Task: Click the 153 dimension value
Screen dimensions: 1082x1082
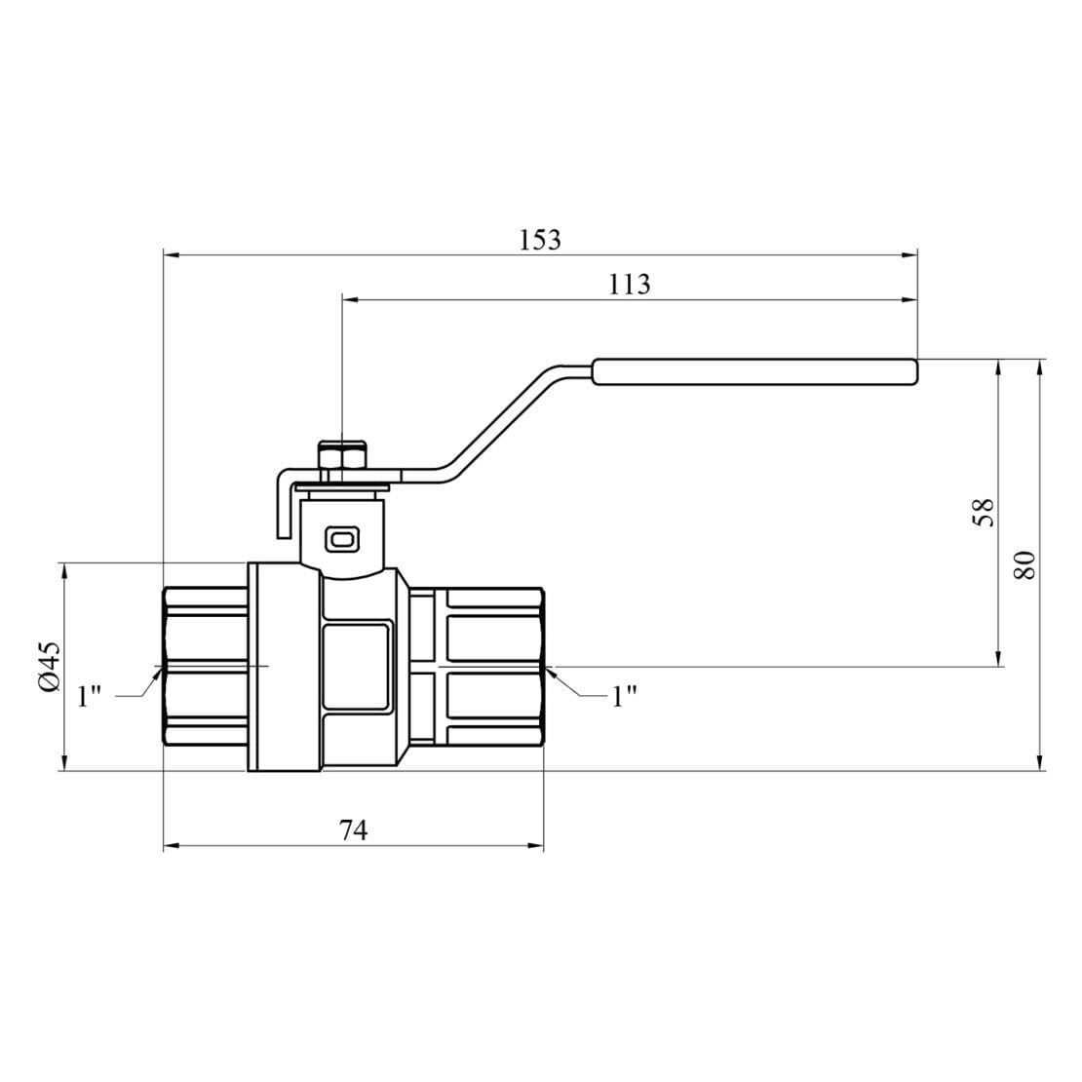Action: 540,240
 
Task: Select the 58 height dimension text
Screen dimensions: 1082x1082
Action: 985,513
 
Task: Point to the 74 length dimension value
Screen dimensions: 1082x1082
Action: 353,831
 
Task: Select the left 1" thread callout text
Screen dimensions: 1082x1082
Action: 90,697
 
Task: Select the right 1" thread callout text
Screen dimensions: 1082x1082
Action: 624,696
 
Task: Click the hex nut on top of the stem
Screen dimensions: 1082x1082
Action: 343,456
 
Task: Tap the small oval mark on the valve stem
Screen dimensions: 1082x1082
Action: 344,537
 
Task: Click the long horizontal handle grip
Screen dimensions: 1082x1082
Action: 754,371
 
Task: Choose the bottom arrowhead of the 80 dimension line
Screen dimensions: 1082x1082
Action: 1042,763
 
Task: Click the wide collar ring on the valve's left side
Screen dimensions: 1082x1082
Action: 284,667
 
